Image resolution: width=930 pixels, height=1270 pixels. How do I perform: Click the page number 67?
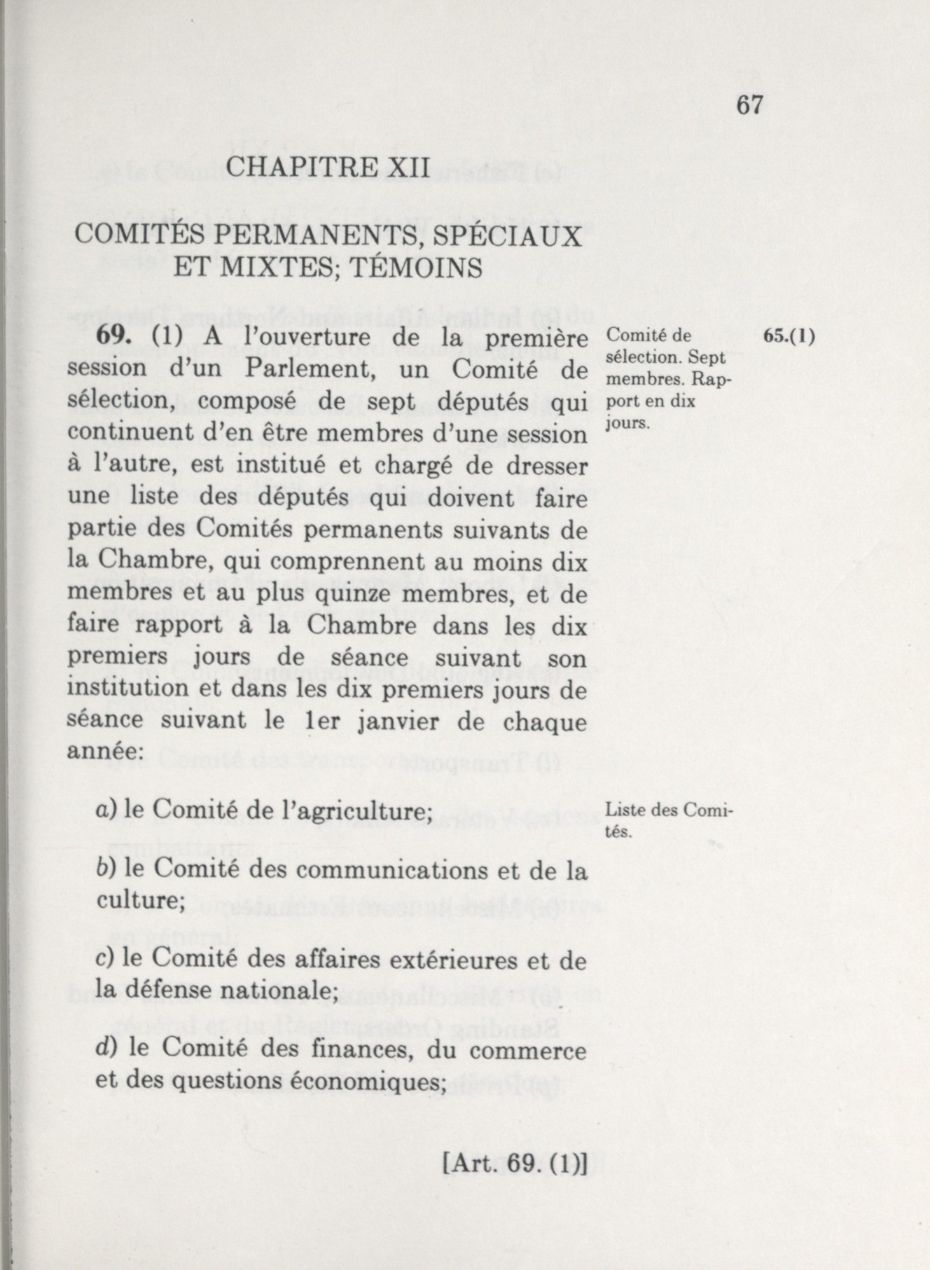click(x=749, y=105)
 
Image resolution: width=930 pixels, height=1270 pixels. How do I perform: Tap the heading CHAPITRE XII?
click(x=328, y=168)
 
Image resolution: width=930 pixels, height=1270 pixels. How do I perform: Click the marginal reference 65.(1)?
click(x=790, y=336)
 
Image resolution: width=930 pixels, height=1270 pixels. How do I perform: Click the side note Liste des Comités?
click(x=667, y=821)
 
